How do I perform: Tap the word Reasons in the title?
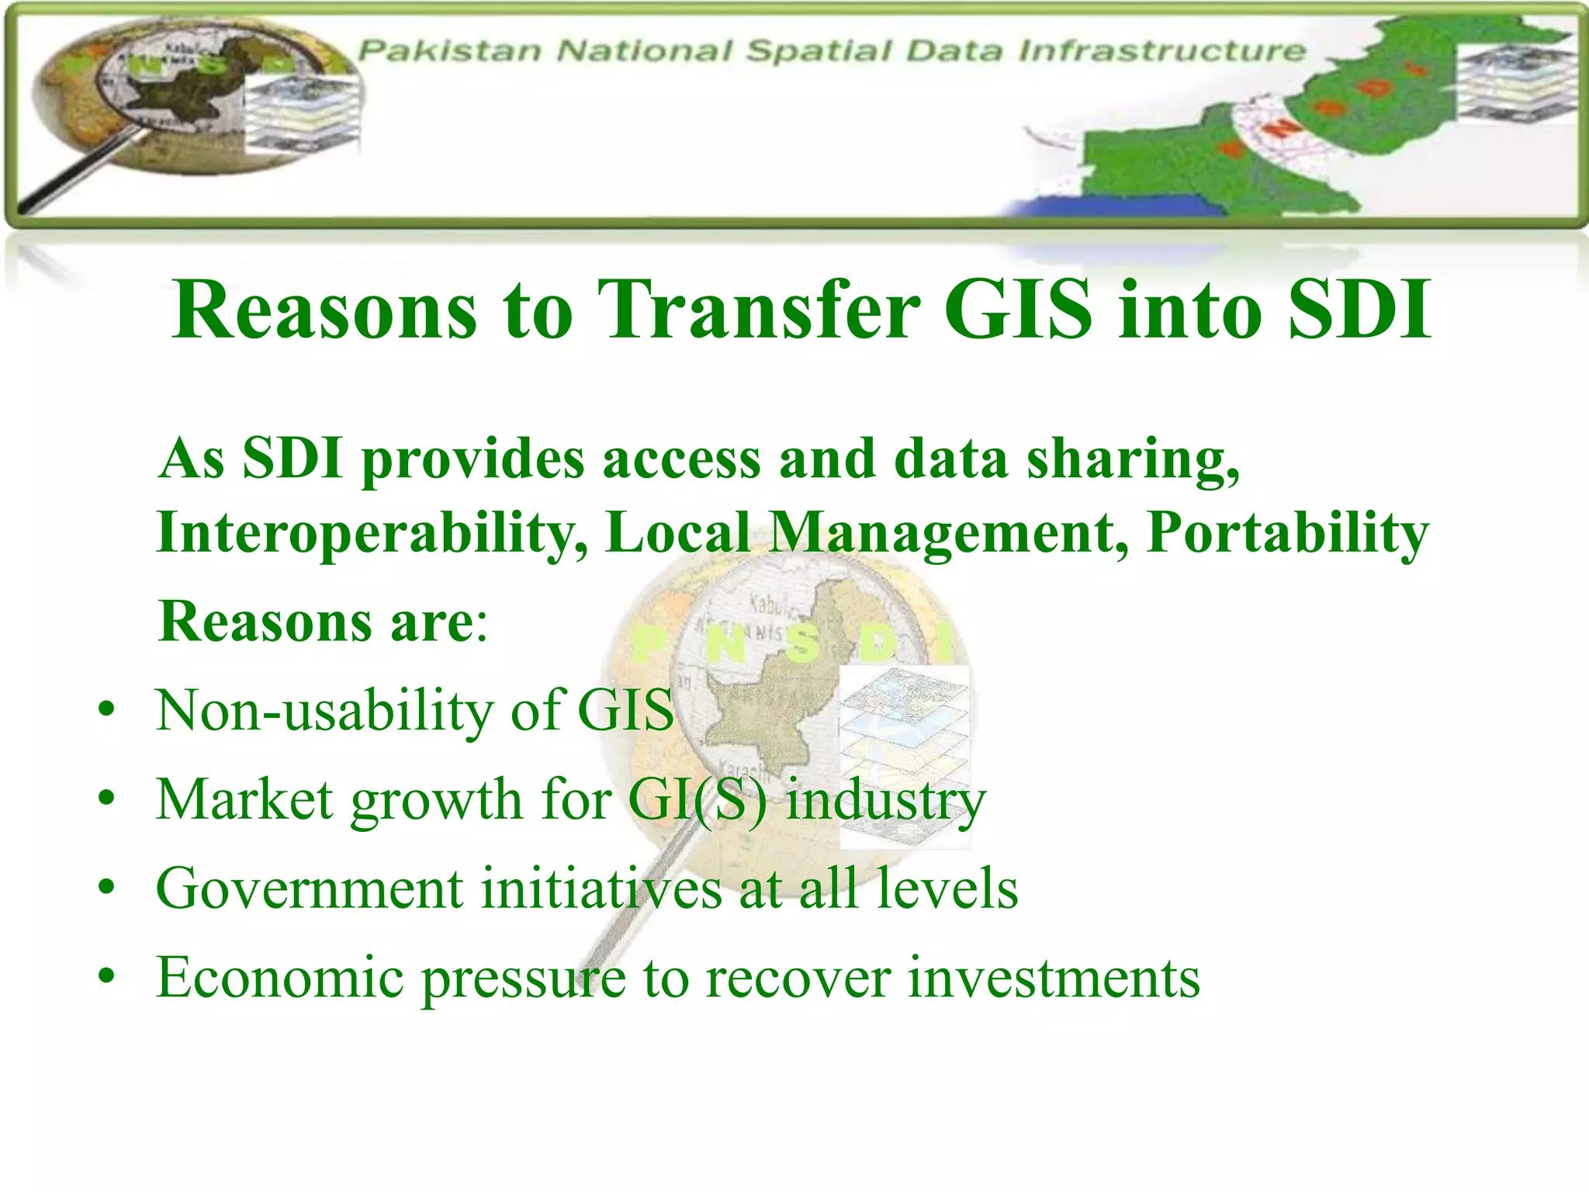pos(324,310)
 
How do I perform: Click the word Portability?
pos(1287,534)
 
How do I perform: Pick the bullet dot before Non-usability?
pos(107,709)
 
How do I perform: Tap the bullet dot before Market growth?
pos(107,799)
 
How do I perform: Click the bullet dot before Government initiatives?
pos(107,888)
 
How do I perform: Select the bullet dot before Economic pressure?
pos(107,977)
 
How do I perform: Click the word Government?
pos(310,888)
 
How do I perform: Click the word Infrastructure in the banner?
pos(1161,51)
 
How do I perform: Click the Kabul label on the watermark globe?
pos(769,602)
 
